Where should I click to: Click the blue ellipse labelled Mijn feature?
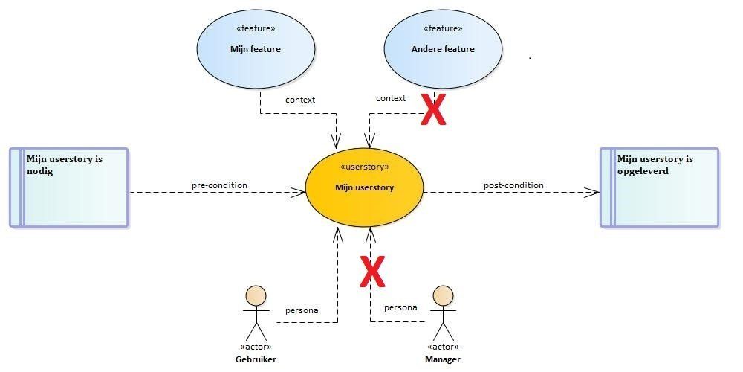pos(256,49)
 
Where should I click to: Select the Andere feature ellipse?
pos(443,49)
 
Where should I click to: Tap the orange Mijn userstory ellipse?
pos(364,187)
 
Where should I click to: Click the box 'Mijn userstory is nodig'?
pos(69,187)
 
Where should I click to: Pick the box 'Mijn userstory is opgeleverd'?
pos(660,187)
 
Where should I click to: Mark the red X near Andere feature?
pos(434,109)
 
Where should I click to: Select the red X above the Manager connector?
pos(372,272)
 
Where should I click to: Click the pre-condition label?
pos(219,185)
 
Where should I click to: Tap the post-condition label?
pos(513,185)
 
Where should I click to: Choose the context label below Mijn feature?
pos(300,100)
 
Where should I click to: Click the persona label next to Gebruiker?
pos(302,311)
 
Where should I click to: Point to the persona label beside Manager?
pos(401,307)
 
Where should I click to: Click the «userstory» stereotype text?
pos(364,167)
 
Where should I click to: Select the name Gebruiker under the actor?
pos(256,359)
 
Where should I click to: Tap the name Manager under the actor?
pos(443,359)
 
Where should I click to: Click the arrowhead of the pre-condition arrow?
pos(299,192)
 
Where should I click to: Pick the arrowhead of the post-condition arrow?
pos(592,192)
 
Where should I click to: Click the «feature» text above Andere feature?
pos(443,28)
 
